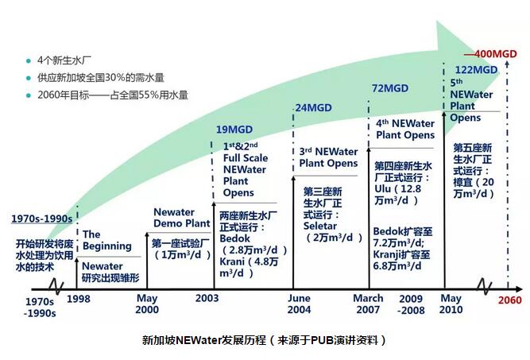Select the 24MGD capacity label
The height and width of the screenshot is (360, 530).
tap(314, 107)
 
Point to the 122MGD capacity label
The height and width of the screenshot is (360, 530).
tap(475, 70)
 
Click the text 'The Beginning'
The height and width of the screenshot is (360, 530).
tap(107, 240)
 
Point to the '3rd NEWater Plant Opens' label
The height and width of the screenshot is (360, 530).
tap(328, 157)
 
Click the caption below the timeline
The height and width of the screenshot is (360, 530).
tap(265, 339)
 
